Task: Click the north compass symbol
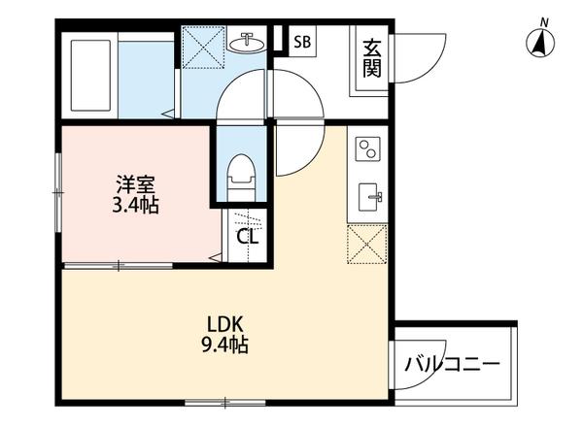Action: click(x=540, y=41)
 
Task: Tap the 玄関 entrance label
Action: click(x=371, y=58)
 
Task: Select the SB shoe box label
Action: click(x=302, y=42)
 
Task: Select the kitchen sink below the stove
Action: click(x=369, y=195)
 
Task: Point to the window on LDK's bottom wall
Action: click(x=212, y=401)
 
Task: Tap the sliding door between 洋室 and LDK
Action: click(x=121, y=264)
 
